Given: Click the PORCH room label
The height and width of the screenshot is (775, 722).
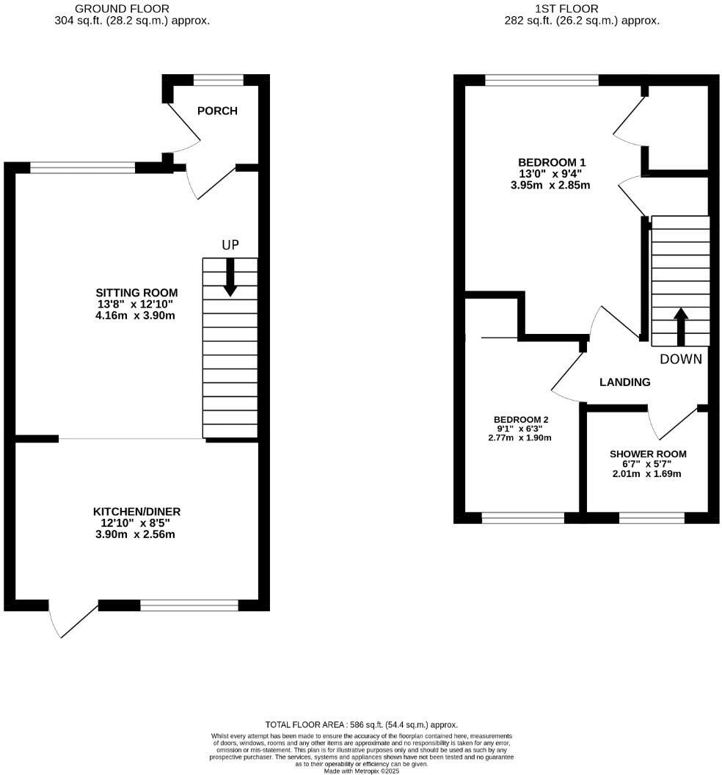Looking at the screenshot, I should click(x=217, y=111).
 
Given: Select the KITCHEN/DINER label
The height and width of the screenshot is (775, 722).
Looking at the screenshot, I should click(x=136, y=512).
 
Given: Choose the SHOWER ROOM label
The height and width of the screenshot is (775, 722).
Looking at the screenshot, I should click(x=648, y=454).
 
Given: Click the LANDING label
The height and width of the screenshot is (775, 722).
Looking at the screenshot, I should click(x=624, y=382).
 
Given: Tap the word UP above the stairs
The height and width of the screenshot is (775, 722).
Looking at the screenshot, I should click(x=230, y=245).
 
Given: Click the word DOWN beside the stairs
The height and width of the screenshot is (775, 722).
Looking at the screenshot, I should click(x=680, y=359).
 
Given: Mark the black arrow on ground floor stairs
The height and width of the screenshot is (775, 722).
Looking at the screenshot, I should click(x=230, y=279).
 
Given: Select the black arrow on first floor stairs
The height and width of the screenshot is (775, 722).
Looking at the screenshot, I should click(x=680, y=326).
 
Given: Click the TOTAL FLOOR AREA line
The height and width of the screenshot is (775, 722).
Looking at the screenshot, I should click(x=361, y=724).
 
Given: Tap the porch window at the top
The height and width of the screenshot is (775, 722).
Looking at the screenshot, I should click(x=218, y=80).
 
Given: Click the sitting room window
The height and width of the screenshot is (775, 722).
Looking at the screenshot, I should click(x=82, y=168).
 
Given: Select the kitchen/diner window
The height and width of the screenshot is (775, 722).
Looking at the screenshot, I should click(x=189, y=605).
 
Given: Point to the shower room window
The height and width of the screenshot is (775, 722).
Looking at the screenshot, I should click(x=652, y=518).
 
